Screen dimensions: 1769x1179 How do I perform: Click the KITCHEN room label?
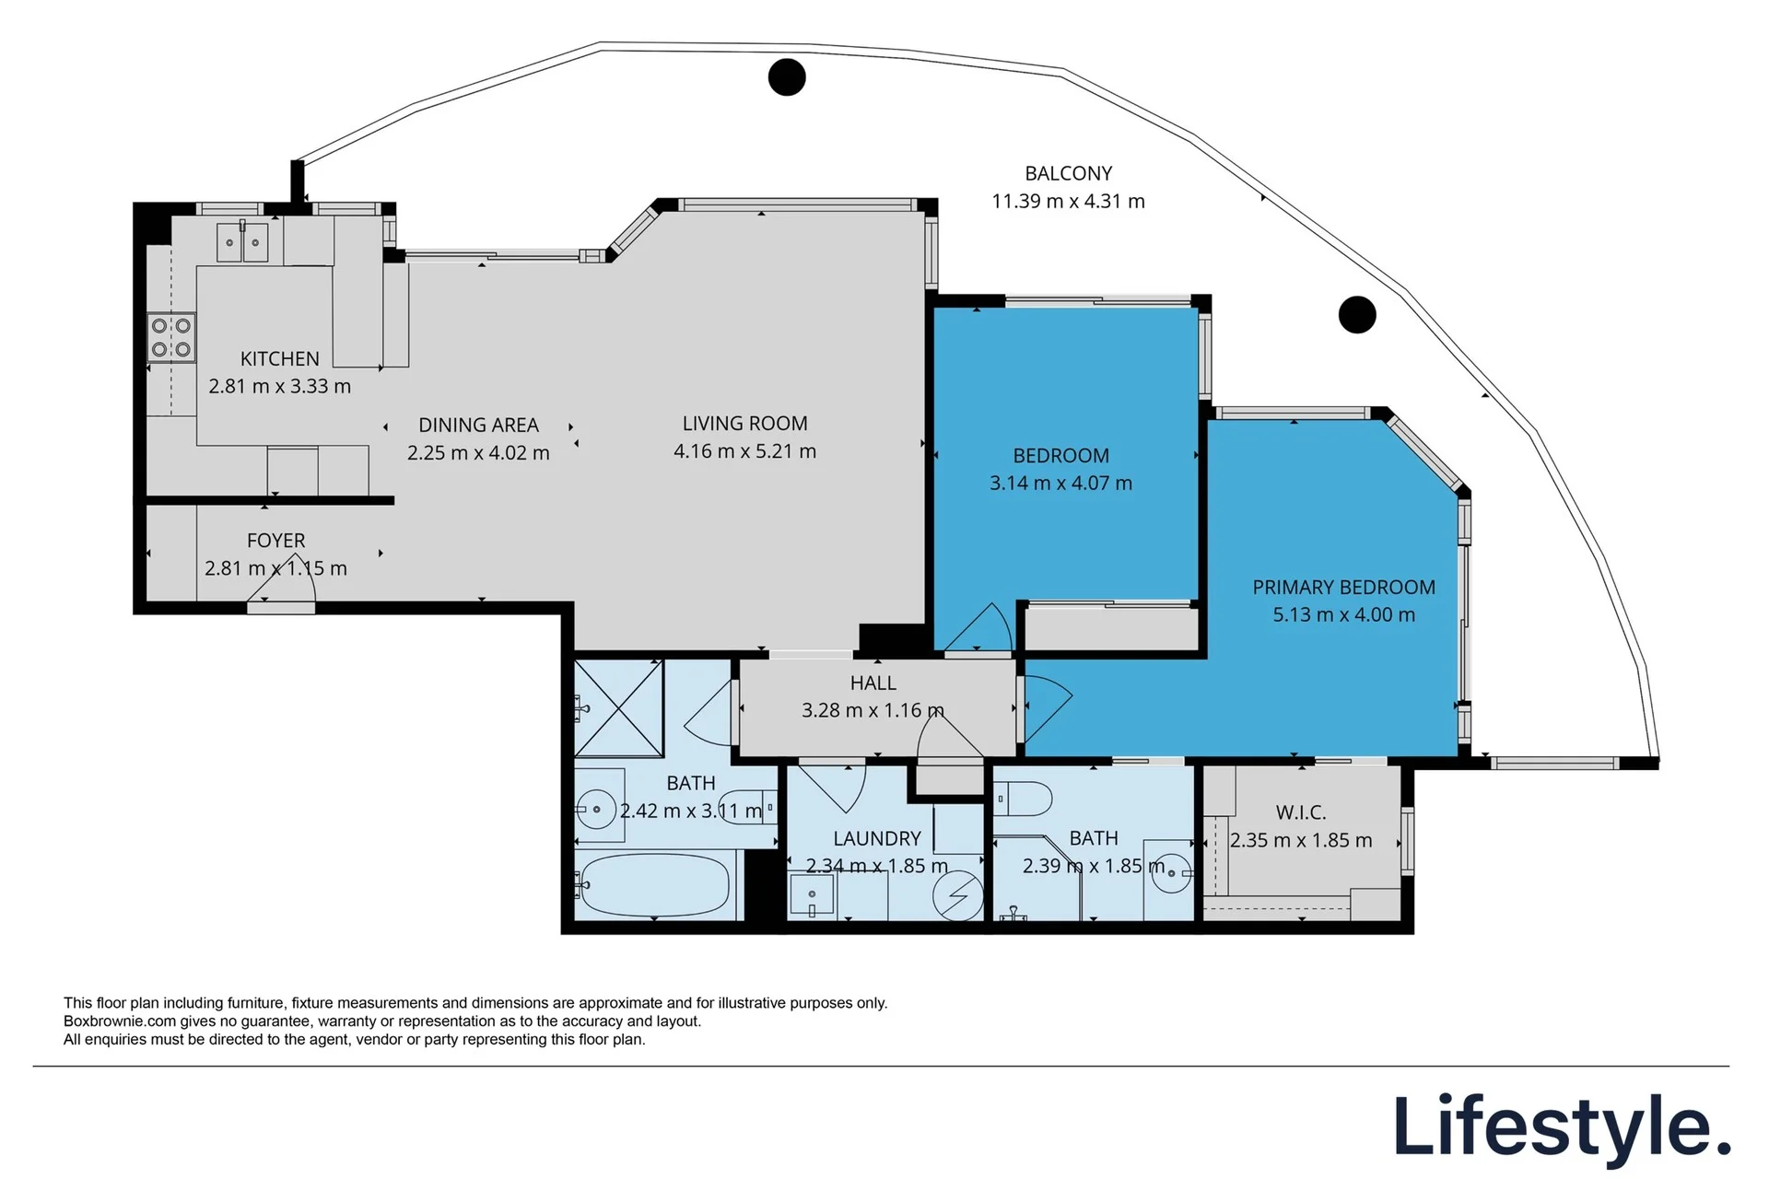coord(280,359)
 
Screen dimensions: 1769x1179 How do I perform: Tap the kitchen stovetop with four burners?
coord(171,337)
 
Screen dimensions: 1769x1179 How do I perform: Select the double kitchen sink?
coord(242,242)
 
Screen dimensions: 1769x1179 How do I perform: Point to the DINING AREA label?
coord(478,426)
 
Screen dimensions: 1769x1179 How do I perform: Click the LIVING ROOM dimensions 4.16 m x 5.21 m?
coord(744,451)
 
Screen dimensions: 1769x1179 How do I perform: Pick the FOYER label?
coord(275,541)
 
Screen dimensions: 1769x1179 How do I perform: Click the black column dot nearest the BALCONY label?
coord(787,77)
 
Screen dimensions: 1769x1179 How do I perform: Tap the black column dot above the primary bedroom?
coord(1357,315)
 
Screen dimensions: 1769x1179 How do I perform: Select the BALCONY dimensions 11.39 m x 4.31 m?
coord(1068,201)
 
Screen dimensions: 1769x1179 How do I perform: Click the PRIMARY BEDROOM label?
coord(1343,588)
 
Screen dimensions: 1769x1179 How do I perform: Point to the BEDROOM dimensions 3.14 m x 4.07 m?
coord(1060,483)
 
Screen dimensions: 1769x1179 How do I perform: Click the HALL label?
coord(873,683)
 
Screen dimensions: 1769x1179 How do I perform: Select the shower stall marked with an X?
coord(618,708)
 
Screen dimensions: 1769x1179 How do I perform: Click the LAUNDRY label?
coord(877,839)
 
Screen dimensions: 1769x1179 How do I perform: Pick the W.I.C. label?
coord(1301,812)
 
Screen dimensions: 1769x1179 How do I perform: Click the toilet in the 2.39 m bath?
coord(1024,799)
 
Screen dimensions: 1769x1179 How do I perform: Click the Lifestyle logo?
coord(1563,1126)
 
